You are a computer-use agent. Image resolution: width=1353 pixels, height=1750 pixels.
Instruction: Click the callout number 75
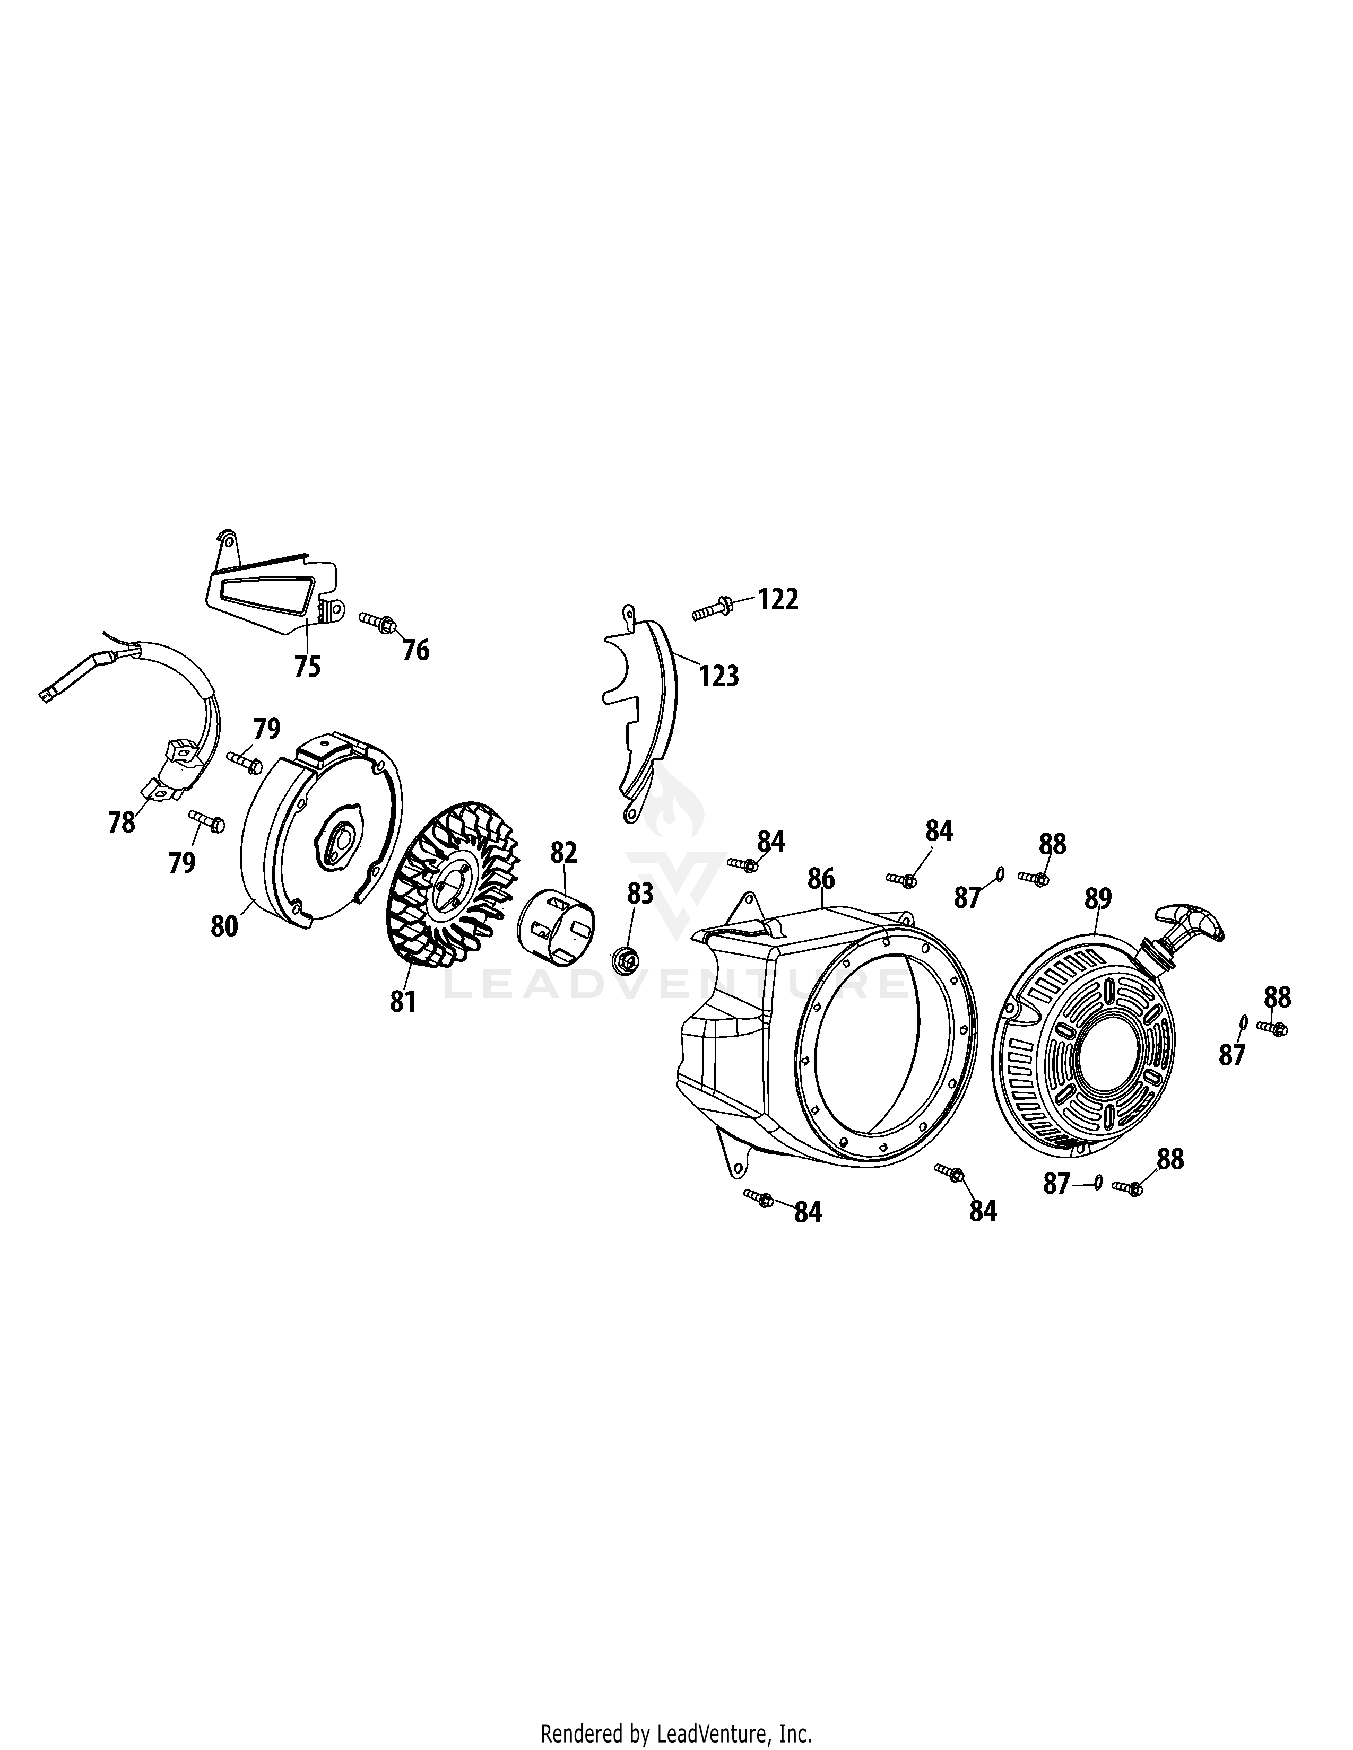308,666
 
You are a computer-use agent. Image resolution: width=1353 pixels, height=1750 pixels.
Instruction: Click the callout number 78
122,822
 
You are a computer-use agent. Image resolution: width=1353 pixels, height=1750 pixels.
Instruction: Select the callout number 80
224,926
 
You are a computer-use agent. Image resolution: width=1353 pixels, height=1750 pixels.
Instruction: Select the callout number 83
640,894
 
